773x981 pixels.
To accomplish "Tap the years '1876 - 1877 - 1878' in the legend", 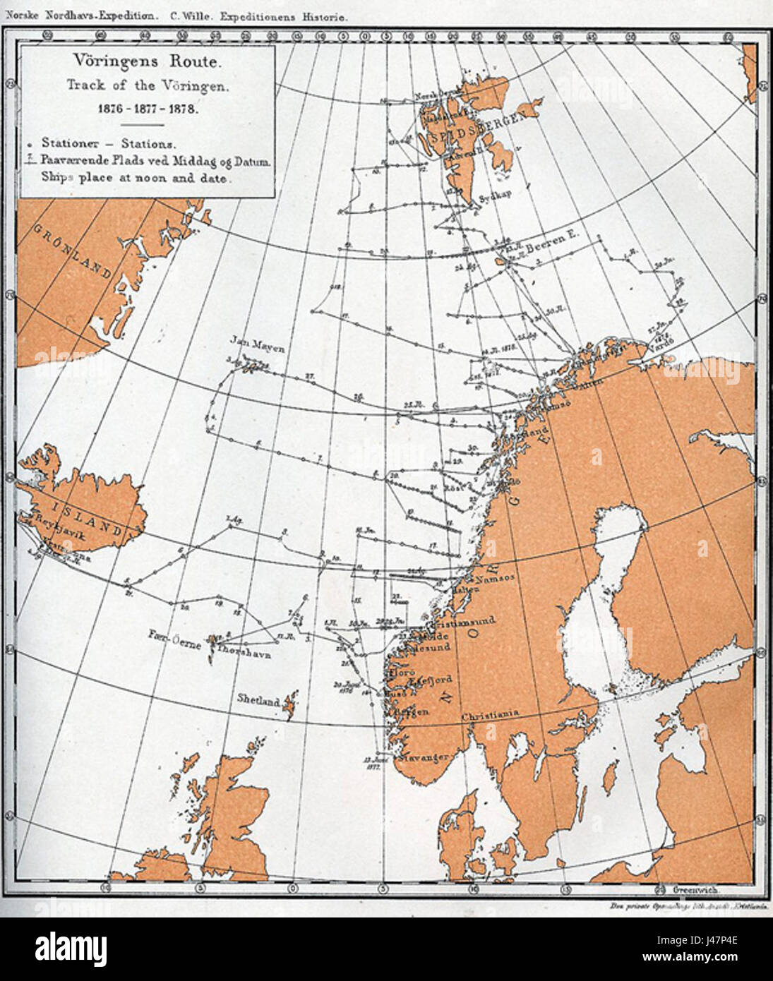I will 148,110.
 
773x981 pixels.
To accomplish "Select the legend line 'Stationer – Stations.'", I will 108,143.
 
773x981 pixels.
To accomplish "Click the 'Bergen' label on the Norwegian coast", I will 410,712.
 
